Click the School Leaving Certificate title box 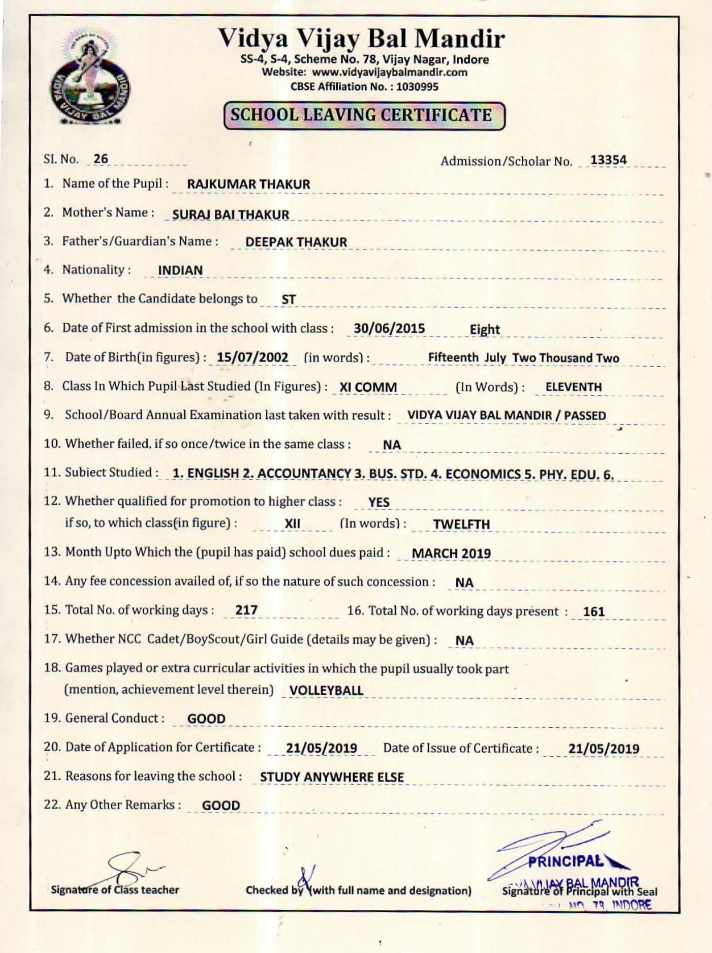click(x=364, y=115)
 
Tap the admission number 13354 click(x=608, y=160)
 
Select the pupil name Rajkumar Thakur click(x=249, y=184)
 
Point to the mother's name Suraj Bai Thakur click(x=230, y=215)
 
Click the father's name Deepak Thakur click(x=296, y=242)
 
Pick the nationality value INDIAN click(x=180, y=271)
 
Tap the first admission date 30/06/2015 click(x=389, y=329)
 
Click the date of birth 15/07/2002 click(x=252, y=358)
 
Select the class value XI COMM click(x=368, y=387)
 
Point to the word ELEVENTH click(x=573, y=387)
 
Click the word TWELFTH click(x=461, y=524)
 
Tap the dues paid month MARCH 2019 click(x=451, y=553)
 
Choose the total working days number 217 click(x=246, y=610)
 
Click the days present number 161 click(x=594, y=612)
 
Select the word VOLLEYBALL click(x=326, y=691)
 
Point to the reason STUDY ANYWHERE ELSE click(x=332, y=777)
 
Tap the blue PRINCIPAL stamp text click(x=565, y=861)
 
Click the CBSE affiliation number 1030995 click(x=417, y=87)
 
